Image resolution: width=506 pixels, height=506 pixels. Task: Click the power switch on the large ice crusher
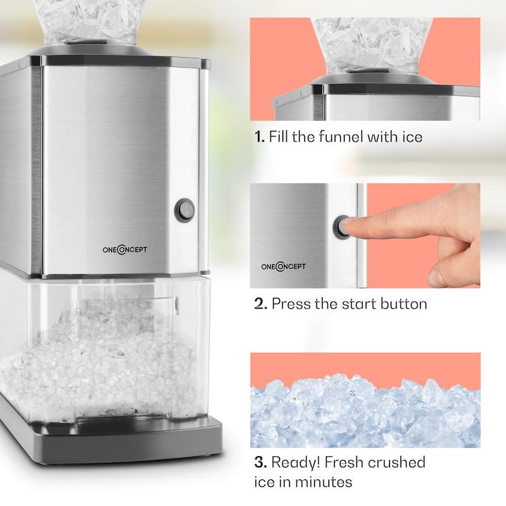click(x=185, y=210)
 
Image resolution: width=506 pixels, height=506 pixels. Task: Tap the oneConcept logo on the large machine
click(x=125, y=249)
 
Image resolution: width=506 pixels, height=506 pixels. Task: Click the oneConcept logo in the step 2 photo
click(x=283, y=266)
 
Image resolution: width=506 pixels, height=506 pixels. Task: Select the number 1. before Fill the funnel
click(x=259, y=137)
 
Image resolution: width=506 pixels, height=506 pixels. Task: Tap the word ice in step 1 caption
click(x=412, y=137)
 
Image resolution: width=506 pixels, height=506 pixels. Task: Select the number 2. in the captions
click(x=261, y=304)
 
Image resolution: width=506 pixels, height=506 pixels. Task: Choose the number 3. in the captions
click(x=261, y=462)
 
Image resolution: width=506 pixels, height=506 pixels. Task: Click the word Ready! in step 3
click(x=295, y=463)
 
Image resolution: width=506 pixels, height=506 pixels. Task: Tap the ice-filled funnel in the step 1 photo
click(x=372, y=45)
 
